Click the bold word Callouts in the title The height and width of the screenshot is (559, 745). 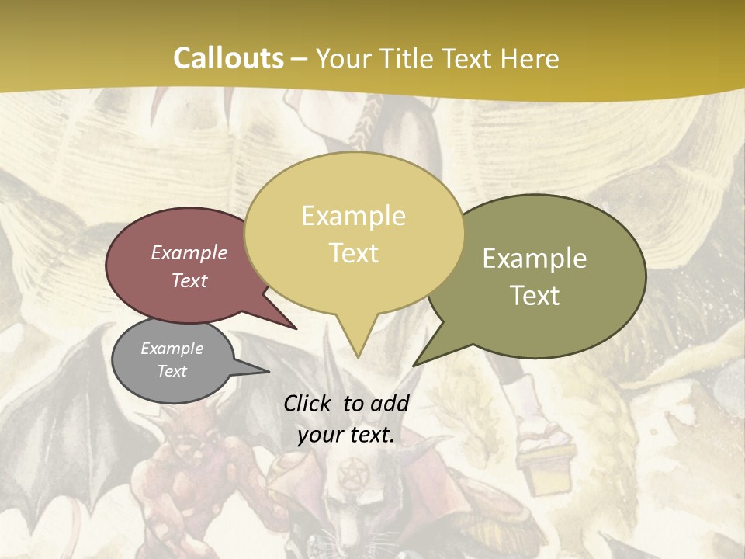[x=228, y=58]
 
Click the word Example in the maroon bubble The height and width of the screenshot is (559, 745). [x=189, y=252]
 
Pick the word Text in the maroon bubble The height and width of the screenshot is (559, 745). [x=189, y=280]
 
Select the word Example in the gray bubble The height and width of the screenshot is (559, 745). [x=172, y=349]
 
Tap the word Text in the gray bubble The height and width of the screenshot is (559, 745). [x=172, y=371]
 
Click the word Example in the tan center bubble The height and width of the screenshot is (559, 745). [x=354, y=216]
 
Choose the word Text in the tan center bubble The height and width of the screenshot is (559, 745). [x=354, y=253]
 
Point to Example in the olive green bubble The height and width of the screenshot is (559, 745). [x=535, y=258]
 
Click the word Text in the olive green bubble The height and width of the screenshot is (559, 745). [x=535, y=295]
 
